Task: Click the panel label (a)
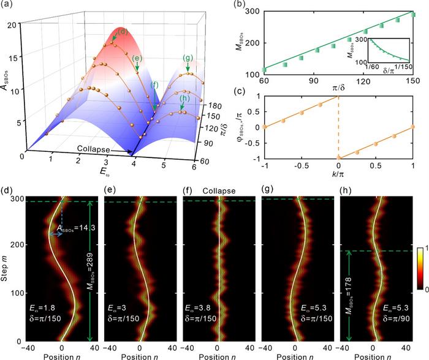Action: coord(10,7)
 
